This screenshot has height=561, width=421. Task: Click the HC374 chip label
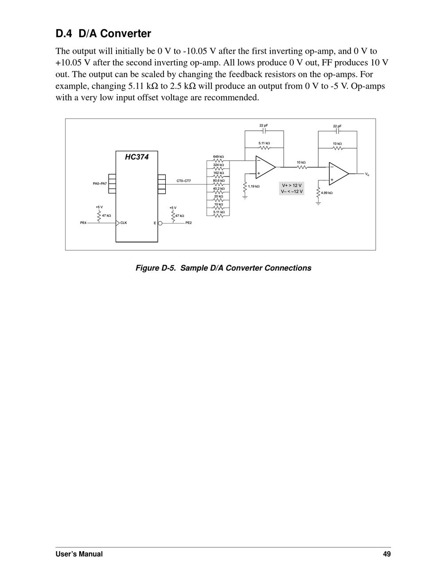[136, 157]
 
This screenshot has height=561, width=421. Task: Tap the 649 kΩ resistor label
[218, 157]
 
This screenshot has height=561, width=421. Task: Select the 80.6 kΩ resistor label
[218, 180]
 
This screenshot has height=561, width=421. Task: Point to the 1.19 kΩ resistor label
[253, 186]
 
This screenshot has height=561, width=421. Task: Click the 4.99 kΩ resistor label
[327, 193]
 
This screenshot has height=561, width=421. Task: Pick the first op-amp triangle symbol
[265, 167]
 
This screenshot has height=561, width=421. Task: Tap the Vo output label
[367, 174]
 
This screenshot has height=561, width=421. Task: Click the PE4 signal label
[83, 223]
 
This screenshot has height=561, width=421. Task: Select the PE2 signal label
[188, 223]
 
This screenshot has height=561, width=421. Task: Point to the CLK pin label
[124, 223]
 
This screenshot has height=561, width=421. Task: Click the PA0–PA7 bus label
[100, 184]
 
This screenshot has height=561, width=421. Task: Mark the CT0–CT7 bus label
[183, 181]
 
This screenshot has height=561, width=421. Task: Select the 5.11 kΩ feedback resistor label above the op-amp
[264, 143]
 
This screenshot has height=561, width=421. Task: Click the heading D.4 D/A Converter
[103, 34]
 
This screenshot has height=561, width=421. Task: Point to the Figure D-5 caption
[223, 268]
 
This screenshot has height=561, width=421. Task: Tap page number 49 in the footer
[387, 554]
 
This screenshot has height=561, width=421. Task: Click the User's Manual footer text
[79, 554]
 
